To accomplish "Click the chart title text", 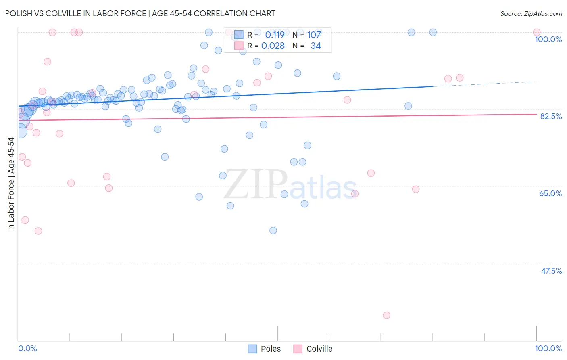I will point(140,13).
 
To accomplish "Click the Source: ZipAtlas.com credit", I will point(531,13).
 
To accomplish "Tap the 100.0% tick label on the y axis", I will point(548,39).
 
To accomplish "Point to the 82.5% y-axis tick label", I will point(551,116).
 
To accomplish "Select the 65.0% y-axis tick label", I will point(550,193).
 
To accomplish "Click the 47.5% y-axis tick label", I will point(551,271).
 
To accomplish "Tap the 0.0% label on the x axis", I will point(27,348).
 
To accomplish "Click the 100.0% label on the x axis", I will point(548,348).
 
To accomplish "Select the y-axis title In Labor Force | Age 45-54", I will point(11,184).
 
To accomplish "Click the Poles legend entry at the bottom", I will point(270,349).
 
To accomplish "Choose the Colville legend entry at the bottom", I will point(319,349).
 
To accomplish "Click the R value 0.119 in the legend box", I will point(275,35).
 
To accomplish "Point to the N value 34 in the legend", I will point(316,46).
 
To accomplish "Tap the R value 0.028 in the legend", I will point(273,46).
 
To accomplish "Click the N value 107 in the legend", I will point(314,35).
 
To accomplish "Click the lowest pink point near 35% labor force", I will point(386,315).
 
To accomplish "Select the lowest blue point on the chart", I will point(273,230).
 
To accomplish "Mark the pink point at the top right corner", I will point(536,32).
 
